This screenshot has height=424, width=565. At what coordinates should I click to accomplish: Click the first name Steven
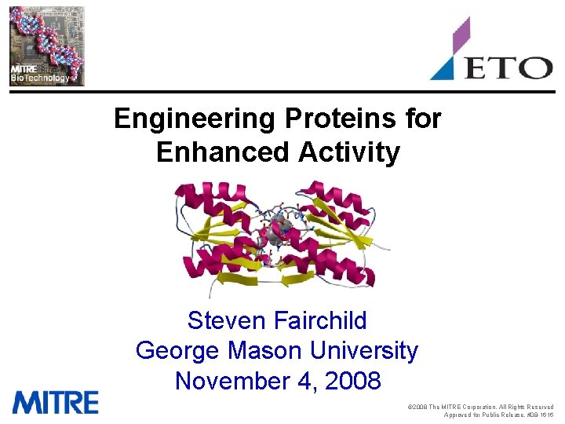228,320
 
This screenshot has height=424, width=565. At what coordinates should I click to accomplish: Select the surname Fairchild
322,320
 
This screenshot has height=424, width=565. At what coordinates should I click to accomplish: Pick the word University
368,350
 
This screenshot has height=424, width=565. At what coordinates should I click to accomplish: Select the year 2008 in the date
351,381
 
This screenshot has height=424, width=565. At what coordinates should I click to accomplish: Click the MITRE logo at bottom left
55,402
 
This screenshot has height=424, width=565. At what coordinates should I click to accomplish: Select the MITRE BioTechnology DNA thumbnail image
46,45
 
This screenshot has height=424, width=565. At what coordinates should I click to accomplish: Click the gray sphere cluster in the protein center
279,230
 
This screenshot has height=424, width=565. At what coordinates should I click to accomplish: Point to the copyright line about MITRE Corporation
481,407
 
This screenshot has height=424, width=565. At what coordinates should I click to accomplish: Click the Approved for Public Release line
498,415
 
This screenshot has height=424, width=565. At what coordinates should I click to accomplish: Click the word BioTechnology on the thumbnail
39,78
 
